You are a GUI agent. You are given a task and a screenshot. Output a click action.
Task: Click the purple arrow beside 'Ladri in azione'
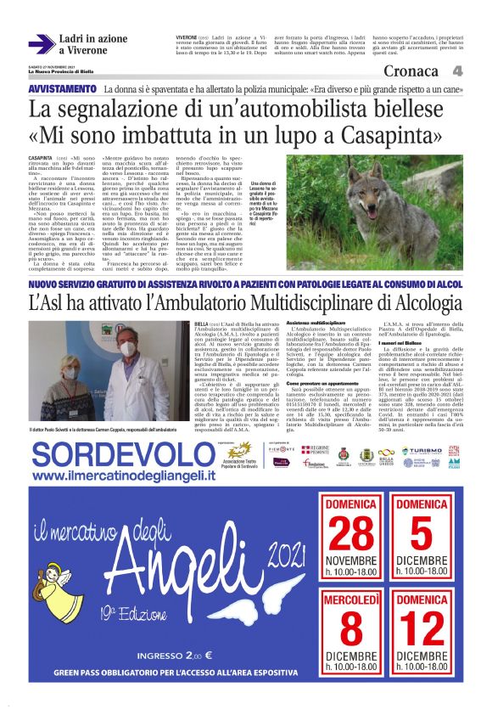(41, 43)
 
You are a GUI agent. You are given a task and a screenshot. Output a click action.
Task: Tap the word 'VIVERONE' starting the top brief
(187, 39)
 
